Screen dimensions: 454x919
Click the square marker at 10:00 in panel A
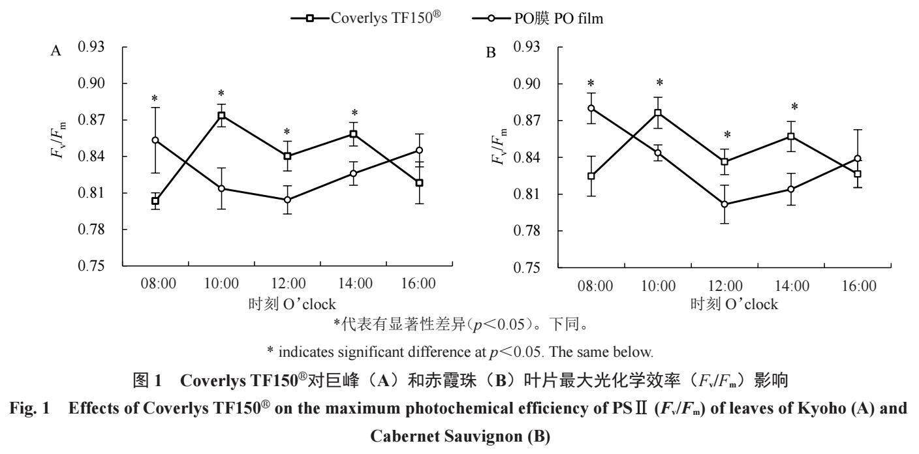pyautogui.click(x=221, y=115)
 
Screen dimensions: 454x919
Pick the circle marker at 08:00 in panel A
pyautogui.click(x=155, y=140)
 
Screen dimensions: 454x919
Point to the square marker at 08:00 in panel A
pyautogui.click(x=155, y=201)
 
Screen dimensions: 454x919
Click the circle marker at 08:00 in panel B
pyautogui.click(x=591, y=108)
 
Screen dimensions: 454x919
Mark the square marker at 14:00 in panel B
pyautogui.click(x=790, y=136)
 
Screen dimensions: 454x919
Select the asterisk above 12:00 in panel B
pyautogui.click(x=726, y=136)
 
